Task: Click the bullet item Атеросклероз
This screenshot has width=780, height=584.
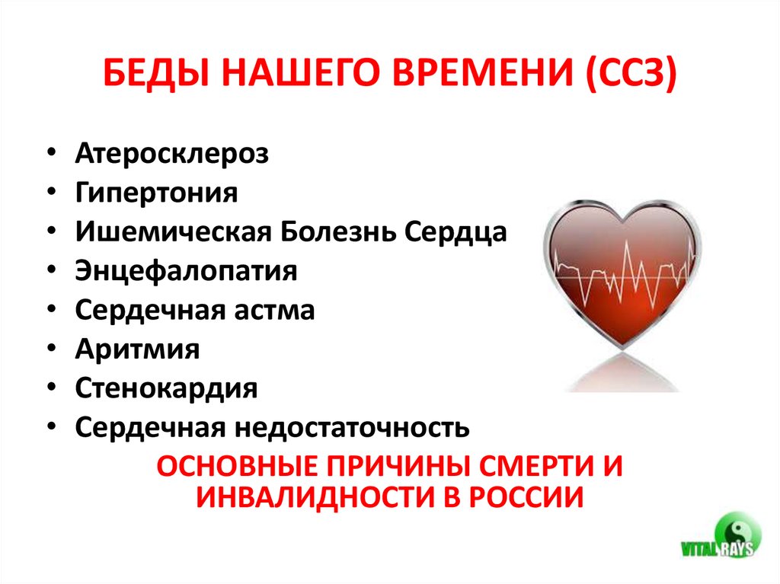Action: [172, 153]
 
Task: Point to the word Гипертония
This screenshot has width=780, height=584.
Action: [157, 192]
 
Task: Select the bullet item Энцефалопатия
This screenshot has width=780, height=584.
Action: [187, 271]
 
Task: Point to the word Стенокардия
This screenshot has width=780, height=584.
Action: [167, 389]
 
